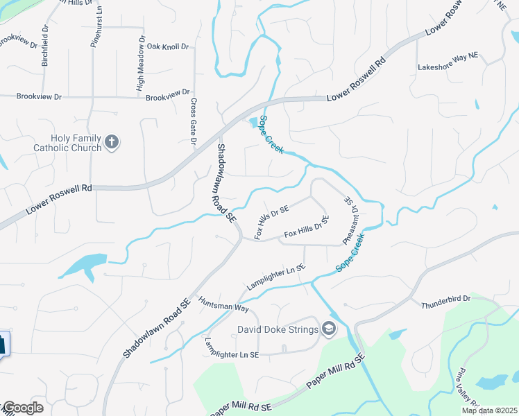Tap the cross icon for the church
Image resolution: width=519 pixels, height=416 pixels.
112,144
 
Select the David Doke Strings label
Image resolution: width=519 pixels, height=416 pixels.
278,329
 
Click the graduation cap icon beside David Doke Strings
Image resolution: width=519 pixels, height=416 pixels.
329,329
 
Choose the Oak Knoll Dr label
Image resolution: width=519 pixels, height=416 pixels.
168,47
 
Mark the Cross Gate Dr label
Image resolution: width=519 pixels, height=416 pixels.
194,121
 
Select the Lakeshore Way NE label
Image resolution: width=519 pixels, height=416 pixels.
448,67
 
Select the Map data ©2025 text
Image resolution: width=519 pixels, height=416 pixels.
489,410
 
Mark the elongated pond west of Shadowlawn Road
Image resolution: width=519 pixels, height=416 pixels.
85,264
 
